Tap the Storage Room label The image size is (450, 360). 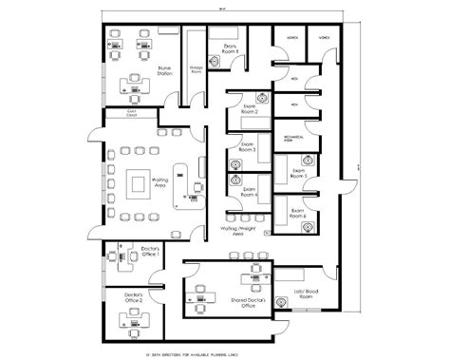196,70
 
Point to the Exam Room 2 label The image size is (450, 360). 251,109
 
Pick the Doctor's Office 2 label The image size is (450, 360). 134,298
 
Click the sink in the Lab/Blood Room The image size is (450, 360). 282,303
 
